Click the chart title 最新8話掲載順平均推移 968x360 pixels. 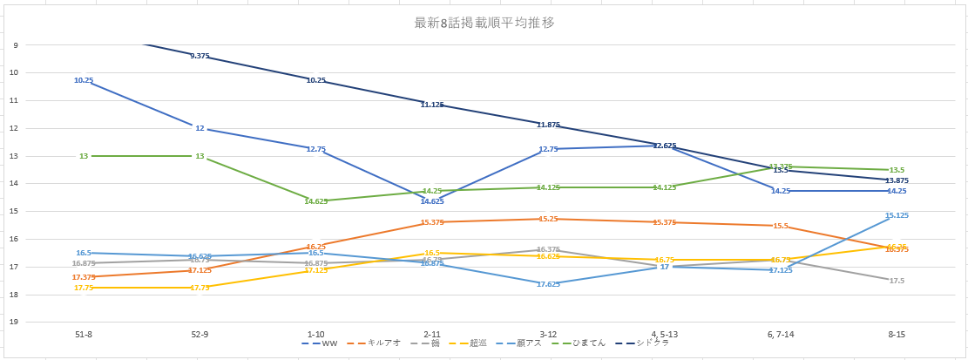pos(484,23)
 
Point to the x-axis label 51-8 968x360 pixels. pos(84,334)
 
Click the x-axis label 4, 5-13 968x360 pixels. pos(664,334)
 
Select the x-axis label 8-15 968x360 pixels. pos(896,334)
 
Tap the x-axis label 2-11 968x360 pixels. pos(432,334)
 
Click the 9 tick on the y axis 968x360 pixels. pos(15,45)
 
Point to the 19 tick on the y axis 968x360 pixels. pos(13,323)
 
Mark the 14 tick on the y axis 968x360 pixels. pos(13,184)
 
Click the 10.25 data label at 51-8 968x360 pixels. pos(84,80)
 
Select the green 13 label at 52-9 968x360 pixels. pos(200,156)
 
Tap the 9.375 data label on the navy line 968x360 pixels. pos(200,56)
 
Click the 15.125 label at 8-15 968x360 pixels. pos(897,215)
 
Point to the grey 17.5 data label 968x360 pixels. pos(897,281)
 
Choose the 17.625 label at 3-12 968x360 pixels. pos(548,284)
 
